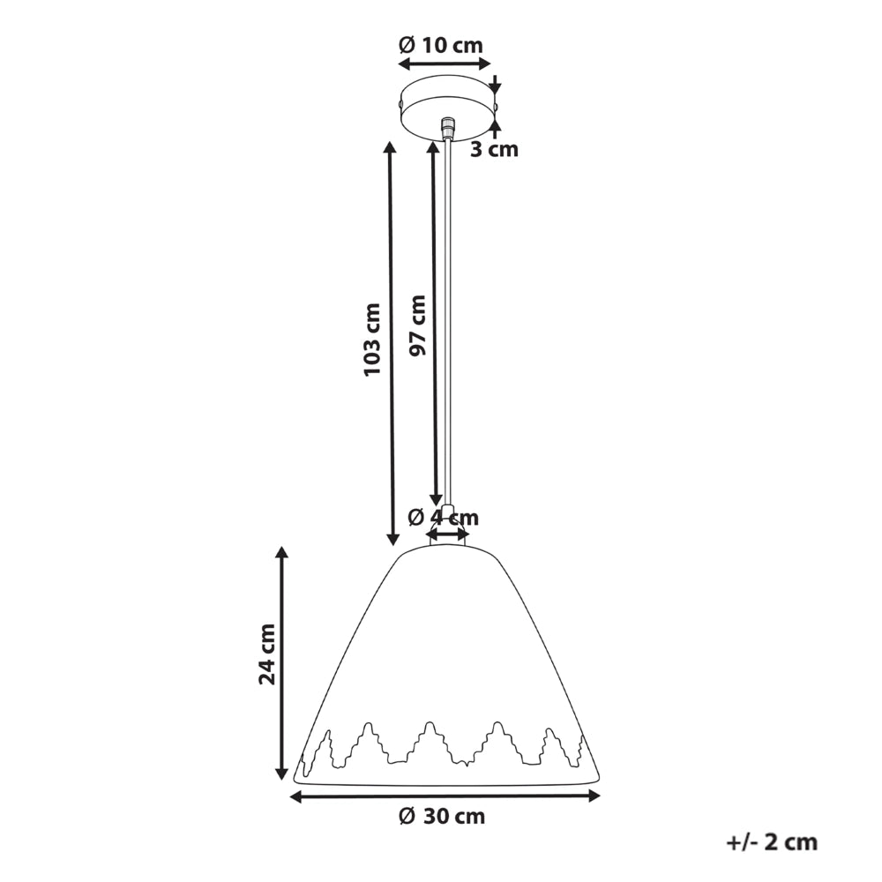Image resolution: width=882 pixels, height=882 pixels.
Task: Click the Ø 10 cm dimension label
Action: coord(441,44)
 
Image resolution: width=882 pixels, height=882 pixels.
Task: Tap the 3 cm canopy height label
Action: coord(494,150)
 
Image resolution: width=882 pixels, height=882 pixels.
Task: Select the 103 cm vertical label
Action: coord(372,340)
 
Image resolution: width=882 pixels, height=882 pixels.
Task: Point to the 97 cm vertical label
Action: coord(417,325)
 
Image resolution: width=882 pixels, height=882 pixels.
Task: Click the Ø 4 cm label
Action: coord(444,516)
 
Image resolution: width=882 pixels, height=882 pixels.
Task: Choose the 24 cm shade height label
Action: coord(267,654)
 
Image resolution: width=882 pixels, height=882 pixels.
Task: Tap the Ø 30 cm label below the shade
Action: coord(442,816)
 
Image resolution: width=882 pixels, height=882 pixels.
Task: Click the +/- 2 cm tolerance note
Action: coord(772,842)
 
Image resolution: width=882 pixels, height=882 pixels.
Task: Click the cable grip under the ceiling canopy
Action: coord(448,128)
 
